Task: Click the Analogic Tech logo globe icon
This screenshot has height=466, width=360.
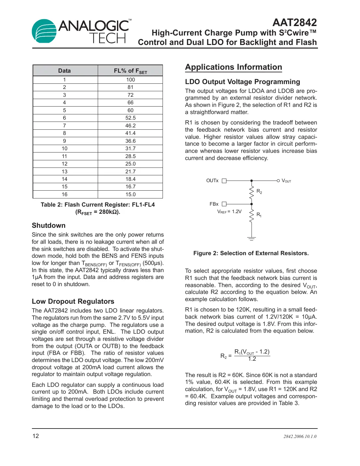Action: coord(44,31)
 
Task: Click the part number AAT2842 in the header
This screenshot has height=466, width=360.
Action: coord(295,22)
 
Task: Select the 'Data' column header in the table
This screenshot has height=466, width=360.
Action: coord(65,71)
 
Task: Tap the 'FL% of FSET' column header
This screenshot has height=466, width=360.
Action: coord(130,71)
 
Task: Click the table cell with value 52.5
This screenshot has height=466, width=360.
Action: coord(130,118)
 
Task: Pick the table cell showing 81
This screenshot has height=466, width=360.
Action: coord(130,87)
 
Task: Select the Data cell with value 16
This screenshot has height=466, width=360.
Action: coord(65,195)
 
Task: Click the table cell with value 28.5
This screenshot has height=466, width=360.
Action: coord(130,156)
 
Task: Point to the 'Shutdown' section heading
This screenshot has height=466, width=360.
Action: coord(49,226)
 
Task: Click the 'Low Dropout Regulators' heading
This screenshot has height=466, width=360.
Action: coord(73,301)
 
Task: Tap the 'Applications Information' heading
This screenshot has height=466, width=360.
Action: coord(233,67)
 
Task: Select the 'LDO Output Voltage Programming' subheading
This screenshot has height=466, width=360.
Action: coord(242,82)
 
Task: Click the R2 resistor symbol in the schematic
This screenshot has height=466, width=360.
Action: coord(251,192)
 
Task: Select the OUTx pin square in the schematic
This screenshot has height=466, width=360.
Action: coord(224,181)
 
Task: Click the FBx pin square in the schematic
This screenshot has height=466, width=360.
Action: coord(224,204)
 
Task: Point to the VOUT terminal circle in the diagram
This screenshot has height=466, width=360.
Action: coord(278,181)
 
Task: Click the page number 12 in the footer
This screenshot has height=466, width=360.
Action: coord(36,436)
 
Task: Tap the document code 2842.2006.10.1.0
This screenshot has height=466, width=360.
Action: coord(300,436)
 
